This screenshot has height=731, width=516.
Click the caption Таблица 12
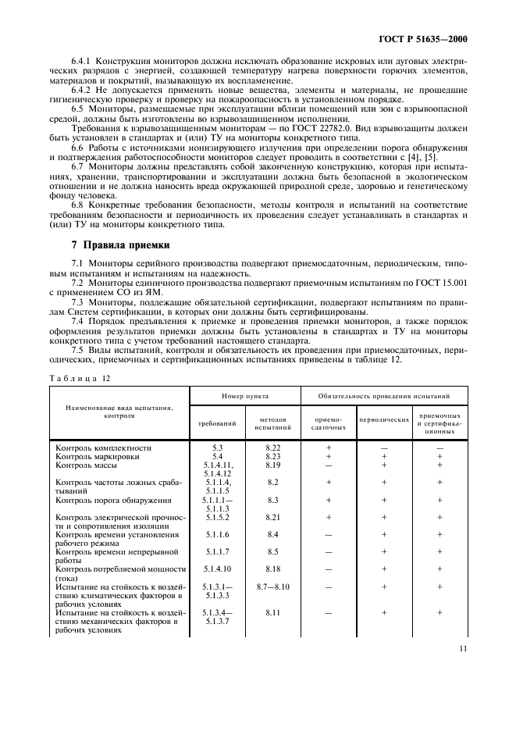point(80,377)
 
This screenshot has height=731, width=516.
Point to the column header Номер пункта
point(244,397)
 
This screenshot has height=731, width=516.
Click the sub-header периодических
point(384,419)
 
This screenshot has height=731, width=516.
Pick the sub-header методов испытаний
point(272,423)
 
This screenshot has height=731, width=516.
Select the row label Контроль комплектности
point(103,448)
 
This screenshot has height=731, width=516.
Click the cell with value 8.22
point(272,448)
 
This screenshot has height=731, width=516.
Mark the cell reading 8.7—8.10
point(272,586)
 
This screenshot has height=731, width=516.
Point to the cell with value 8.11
point(272,614)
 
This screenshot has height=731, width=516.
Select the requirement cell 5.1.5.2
point(218,517)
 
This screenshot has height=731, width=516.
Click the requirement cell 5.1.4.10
point(218,569)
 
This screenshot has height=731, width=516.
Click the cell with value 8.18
point(272,569)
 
